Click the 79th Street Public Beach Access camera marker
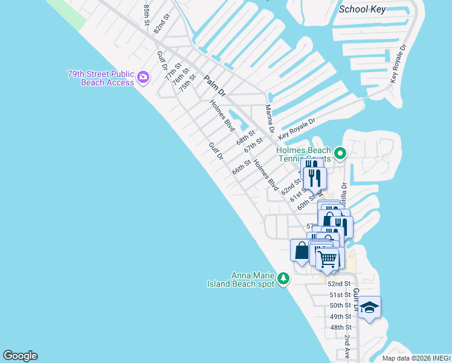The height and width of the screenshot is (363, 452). click(143, 77)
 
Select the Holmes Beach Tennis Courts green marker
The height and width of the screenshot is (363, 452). click(340, 153)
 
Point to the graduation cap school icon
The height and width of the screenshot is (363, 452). click(369, 307)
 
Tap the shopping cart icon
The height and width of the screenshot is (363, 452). click(328, 259)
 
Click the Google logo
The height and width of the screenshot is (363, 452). click(20, 356)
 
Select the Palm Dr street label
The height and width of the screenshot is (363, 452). click(215, 86)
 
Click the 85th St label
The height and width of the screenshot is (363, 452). click(147, 15)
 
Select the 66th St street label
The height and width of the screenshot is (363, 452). click(242, 167)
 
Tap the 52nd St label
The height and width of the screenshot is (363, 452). click(339, 283)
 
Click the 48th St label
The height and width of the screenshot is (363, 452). click(341, 327)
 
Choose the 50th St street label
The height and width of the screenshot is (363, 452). click(341, 306)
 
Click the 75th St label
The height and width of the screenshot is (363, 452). click(187, 82)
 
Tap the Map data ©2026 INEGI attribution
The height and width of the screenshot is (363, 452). click(416, 358)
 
